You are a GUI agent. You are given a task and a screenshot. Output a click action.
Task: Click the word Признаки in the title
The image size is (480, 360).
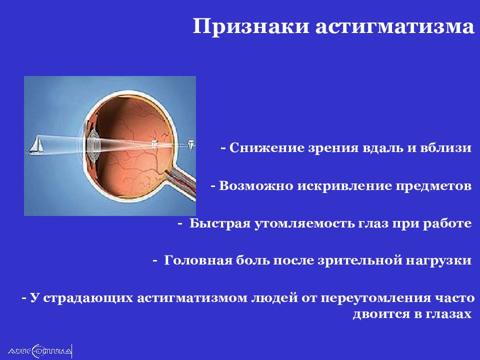coord(251,27)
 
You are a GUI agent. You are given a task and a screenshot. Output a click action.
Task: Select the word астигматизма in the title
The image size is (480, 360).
coord(395,27)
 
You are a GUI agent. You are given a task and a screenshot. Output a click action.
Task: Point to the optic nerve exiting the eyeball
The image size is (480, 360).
coord(180,183)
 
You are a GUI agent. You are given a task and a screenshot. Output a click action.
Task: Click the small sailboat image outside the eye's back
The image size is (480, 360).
coord(191,144)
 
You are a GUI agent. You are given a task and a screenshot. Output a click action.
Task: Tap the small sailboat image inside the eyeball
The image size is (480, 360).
coord(154,144)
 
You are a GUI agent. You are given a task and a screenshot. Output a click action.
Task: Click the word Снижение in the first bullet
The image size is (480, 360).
coord(266,147)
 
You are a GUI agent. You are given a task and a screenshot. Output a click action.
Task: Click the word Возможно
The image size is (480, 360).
coord(256,186)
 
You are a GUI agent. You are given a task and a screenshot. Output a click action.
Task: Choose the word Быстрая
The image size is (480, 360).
coord(220,223)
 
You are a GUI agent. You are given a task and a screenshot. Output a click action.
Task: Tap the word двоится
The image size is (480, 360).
coord(381,314)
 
